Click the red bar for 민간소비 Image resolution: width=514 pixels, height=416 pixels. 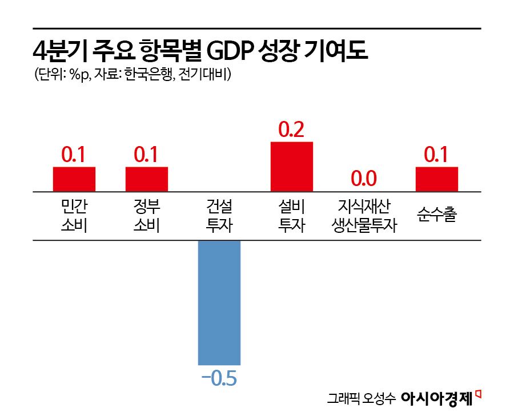[x=74, y=179]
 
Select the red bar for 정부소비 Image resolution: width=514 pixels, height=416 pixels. [x=147, y=179]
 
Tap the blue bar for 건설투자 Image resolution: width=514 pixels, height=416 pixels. [x=219, y=302]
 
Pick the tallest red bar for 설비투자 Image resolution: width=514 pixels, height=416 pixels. [x=292, y=167]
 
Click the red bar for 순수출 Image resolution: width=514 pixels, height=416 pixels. [x=437, y=179]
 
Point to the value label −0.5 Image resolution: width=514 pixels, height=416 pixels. [x=219, y=378]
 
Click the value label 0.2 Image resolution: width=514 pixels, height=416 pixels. [x=292, y=130]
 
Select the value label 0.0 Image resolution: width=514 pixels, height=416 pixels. [x=364, y=179]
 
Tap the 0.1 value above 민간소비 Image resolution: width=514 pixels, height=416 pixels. [x=74, y=155]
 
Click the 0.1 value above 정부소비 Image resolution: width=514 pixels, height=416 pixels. [x=147, y=155]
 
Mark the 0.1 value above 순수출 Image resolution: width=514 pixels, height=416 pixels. [x=437, y=155]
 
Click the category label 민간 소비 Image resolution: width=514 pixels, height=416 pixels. [x=74, y=215]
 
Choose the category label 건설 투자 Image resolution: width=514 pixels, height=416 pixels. [x=219, y=215]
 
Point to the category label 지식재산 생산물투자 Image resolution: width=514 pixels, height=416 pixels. [x=364, y=215]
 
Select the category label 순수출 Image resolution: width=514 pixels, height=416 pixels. [x=437, y=215]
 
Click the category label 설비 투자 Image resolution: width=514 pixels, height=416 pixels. [x=292, y=215]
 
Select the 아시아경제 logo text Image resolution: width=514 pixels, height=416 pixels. [x=437, y=398]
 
